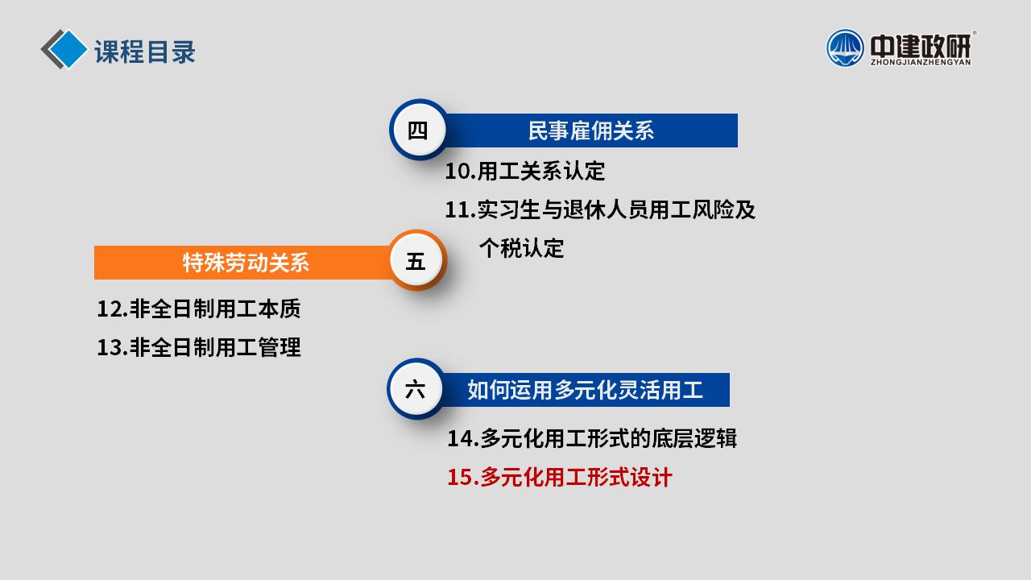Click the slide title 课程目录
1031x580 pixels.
pyautogui.click(x=145, y=52)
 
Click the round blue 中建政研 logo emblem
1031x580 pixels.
pyautogui.click(x=845, y=48)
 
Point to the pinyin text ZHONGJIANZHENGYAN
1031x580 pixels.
pyautogui.click(x=921, y=61)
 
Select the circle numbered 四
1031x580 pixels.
pyautogui.click(x=417, y=130)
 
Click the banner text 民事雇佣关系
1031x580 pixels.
pyautogui.click(x=590, y=130)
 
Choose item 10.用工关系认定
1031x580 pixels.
pyautogui.click(x=524, y=171)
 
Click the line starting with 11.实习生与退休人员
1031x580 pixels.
pyautogui.click(x=600, y=209)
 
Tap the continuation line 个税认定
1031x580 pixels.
pyautogui.click(x=521, y=248)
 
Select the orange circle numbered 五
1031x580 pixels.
pyautogui.click(x=416, y=261)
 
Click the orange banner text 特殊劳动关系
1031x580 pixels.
pyautogui.click(x=246, y=263)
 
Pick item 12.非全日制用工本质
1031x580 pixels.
pyautogui.click(x=198, y=309)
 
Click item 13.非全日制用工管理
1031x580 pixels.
pyautogui.click(x=198, y=347)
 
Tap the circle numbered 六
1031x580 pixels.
pyautogui.click(x=416, y=390)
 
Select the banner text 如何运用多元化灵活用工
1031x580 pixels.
pyautogui.click(x=585, y=390)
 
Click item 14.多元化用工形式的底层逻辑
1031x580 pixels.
pyautogui.click(x=591, y=438)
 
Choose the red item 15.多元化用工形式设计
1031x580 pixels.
pyautogui.click(x=560, y=478)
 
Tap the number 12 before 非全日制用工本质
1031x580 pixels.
pyautogui.click(x=109, y=309)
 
